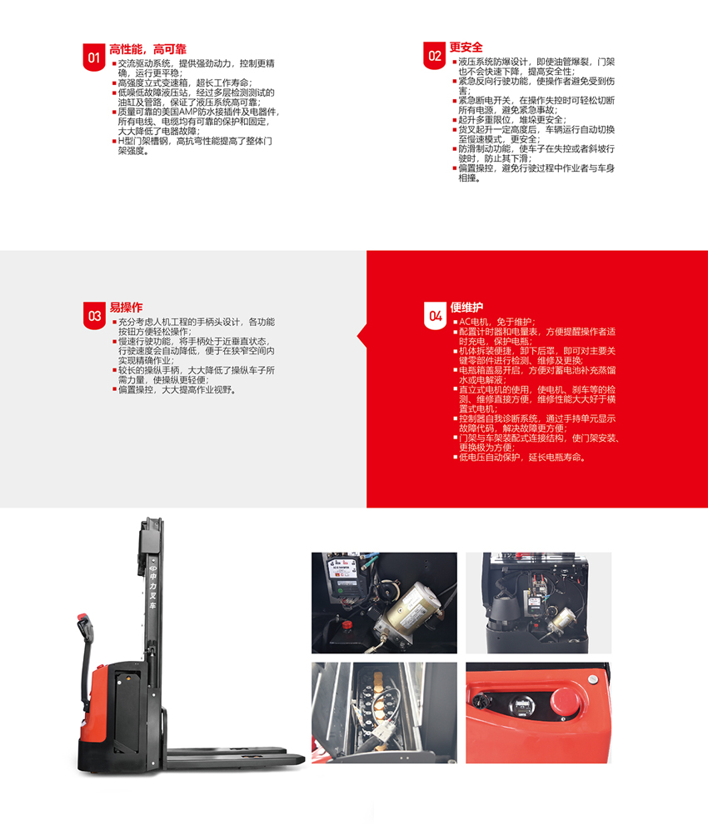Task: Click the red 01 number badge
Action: point(94,58)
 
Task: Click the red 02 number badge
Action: point(434,56)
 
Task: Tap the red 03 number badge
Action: point(94,316)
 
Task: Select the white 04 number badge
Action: point(436,316)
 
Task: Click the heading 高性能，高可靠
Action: point(147,49)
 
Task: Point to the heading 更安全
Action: point(466,48)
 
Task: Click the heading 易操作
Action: point(126,308)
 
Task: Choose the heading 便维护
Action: point(466,308)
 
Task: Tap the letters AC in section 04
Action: point(465,322)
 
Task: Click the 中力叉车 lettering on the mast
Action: point(152,591)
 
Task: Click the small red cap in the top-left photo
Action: point(347,625)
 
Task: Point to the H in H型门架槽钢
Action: point(121,141)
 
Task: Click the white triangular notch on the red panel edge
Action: point(362,335)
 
